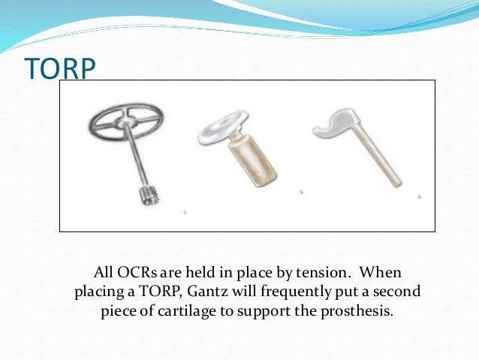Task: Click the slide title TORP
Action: tap(60, 68)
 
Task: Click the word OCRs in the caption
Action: tap(138, 271)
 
